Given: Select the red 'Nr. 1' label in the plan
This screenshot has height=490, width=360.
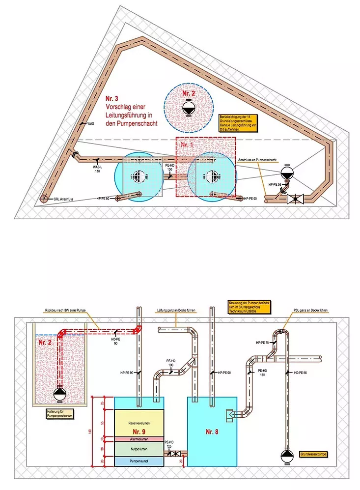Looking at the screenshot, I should click(187, 145).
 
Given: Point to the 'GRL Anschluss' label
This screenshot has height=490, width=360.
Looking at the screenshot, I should click(63, 199).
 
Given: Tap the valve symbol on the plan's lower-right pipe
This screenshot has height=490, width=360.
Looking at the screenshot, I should click(295, 200).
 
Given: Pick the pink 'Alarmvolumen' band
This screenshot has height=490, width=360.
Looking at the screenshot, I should click(138, 438).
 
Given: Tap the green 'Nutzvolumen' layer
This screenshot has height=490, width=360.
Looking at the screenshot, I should click(138, 449).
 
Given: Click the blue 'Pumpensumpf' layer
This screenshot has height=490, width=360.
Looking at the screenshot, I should click(138, 461).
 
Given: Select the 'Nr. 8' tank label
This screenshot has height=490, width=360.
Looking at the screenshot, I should click(212, 432).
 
